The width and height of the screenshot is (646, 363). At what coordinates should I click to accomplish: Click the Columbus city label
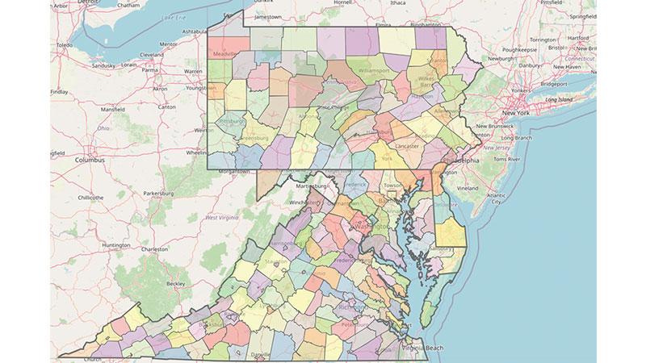90,160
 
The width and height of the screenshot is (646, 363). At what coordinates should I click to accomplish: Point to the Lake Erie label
172,17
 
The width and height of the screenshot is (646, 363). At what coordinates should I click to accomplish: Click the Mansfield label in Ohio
113,108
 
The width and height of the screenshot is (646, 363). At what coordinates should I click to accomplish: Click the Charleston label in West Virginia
153,249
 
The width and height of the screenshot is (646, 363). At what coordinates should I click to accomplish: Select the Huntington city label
116,244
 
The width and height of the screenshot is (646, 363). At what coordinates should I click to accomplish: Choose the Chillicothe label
90,197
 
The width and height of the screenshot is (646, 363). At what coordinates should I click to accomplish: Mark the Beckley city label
175,284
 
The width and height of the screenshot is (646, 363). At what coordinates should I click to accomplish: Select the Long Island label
559,99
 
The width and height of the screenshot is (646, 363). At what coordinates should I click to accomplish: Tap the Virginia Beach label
425,347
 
